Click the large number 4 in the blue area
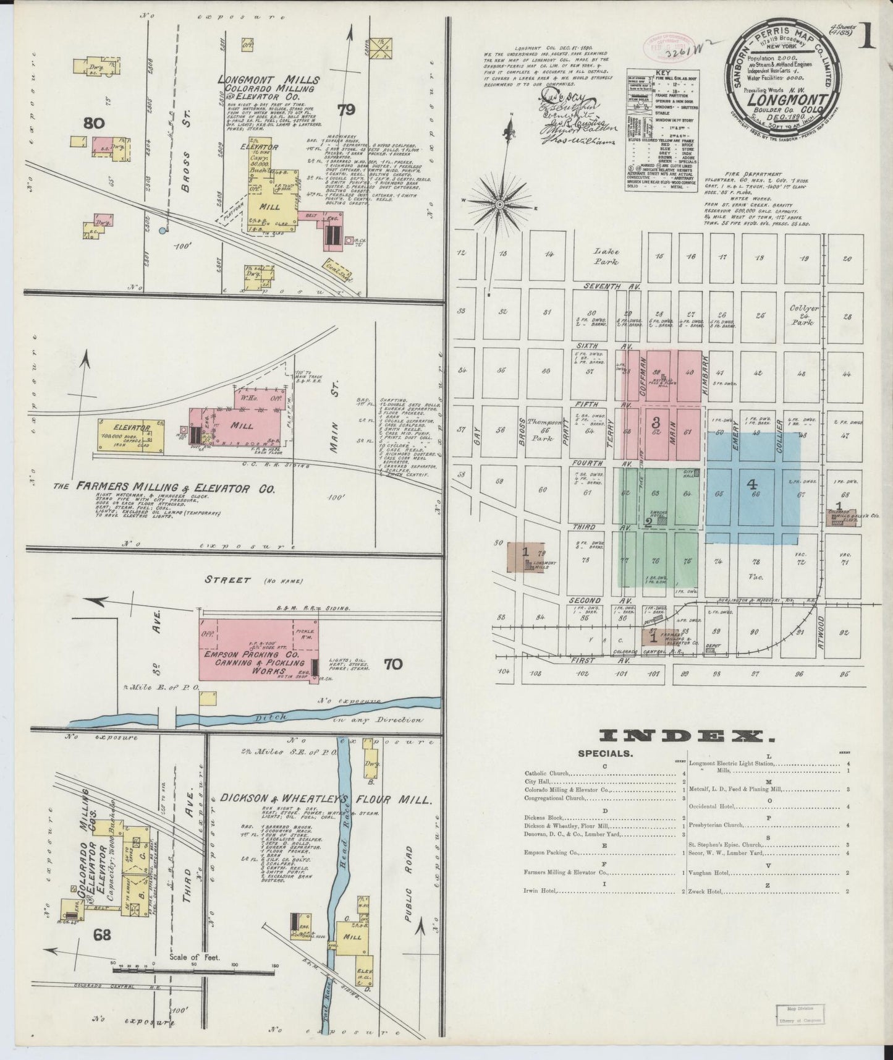tap(753, 486)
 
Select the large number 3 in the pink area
tap(656, 422)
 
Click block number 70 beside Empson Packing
tap(392, 664)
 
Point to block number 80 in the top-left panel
tap(93, 123)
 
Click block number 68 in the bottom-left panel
tap(102, 934)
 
